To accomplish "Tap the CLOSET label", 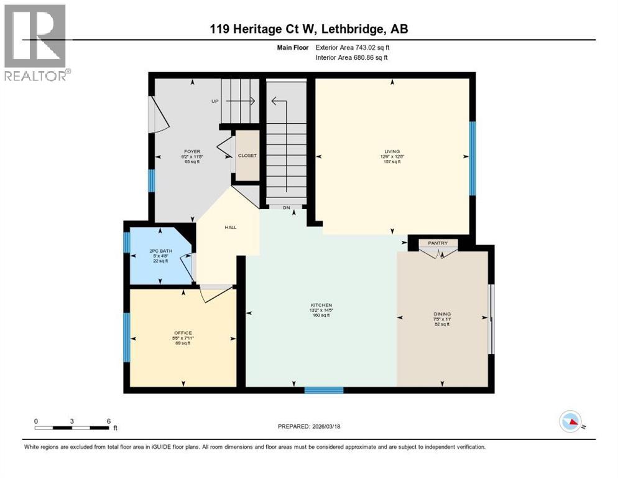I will (x=247, y=156).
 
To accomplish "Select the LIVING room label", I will (x=392, y=151).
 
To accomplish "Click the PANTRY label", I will (x=438, y=243).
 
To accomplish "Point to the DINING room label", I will (x=443, y=314).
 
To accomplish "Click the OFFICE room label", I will (x=183, y=332).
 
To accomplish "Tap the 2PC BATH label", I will (x=160, y=251).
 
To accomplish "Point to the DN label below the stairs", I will (x=286, y=208).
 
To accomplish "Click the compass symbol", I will (x=570, y=422).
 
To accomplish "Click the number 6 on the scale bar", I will (x=108, y=421).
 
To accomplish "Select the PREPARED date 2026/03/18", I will (x=340, y=426).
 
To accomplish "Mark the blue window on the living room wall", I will (x=472, y=157).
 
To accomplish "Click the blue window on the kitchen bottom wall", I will (x=324, y=390).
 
